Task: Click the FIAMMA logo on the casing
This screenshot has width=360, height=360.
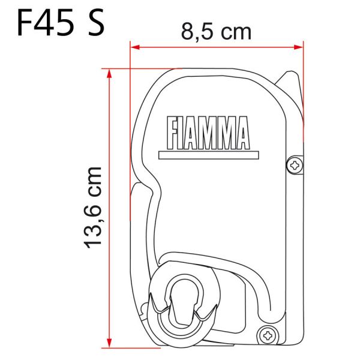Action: pyautogui.click(x=205, y=131)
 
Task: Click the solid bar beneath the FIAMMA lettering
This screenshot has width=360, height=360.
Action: pyautogui.click(x=205, y=154)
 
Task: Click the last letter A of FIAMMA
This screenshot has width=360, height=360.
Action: pyautogui.click(x=241, y=131)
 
